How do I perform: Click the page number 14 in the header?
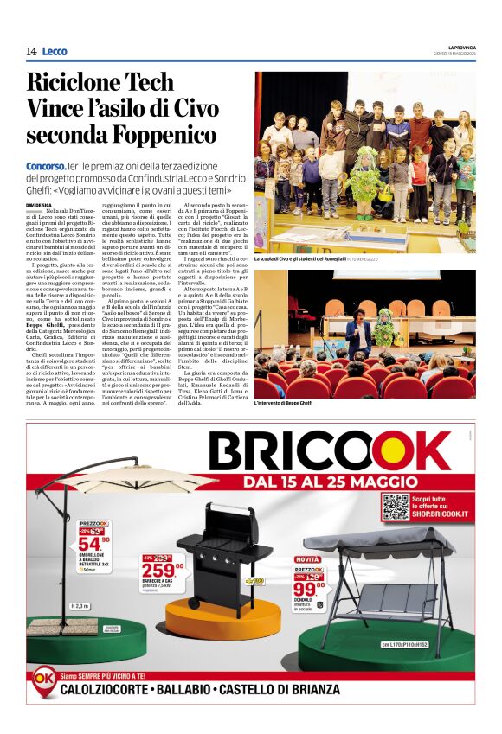[30, 52]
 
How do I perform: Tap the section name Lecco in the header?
[54, 52]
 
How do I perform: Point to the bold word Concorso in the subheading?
[46, 165]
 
